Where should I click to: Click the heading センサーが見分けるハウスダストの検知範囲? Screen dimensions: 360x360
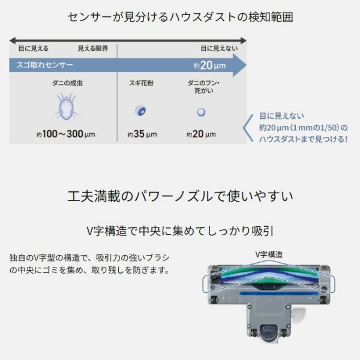(x=180, y=17)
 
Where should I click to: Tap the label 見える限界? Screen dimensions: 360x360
(x=93, y=48)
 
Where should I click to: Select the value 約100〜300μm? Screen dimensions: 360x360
(x=65, y=134)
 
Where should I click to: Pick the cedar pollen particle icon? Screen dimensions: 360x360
(x=141, y=111)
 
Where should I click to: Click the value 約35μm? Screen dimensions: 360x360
(x=142, y=134)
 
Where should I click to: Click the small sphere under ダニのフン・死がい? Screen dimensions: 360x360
(x=201, y=112)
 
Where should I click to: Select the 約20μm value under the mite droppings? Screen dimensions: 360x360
(x=201, y=134)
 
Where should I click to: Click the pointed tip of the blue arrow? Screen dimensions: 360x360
(x=244, y=64)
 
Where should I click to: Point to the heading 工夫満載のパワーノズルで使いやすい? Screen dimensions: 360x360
(x=180, y=196)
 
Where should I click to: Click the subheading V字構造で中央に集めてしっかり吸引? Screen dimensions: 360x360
(x=180, y=230)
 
